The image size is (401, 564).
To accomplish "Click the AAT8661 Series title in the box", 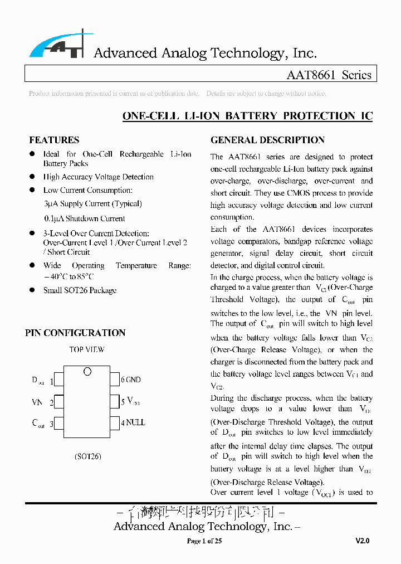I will pyautogui.click(x=329, y=75).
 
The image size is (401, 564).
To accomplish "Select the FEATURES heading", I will pyautogui.click(x=54, y=140).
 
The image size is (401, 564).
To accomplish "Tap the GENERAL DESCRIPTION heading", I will pyautogui.click(x=267, y=140).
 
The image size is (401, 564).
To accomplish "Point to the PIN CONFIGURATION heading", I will pyautogui.click(x=75, y=333).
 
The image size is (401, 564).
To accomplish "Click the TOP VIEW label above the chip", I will pyautogui.click(x=86, y=350).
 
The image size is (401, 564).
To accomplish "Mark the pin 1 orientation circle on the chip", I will pyautogui.click(x=87, y=372).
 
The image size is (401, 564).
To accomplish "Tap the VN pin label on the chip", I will pyautogui.click(x=37, y=402).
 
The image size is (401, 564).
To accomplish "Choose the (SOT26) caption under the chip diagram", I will pyautogui.click(x=87, y=456).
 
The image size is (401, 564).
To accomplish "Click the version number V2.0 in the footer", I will pyautogui.click(x=362, y=541).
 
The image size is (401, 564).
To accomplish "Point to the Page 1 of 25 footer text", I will pyautogui.click(x=204, y=541).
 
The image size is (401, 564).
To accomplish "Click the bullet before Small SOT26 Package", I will pyautogui.click(x=32, y=290).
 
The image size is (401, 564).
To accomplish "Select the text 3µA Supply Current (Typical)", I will pyautogui.click(x=92, y=204).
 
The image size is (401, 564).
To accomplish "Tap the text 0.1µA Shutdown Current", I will pyautogui.click(x=84, y=218).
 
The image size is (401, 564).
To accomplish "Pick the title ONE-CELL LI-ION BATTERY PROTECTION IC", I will pyautogui.click(x=247, y=116).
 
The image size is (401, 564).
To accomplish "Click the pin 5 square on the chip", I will pyautogui.click(x=115, y=401).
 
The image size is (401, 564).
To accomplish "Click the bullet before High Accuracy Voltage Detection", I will pyautogui.click(x=32, y=177).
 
